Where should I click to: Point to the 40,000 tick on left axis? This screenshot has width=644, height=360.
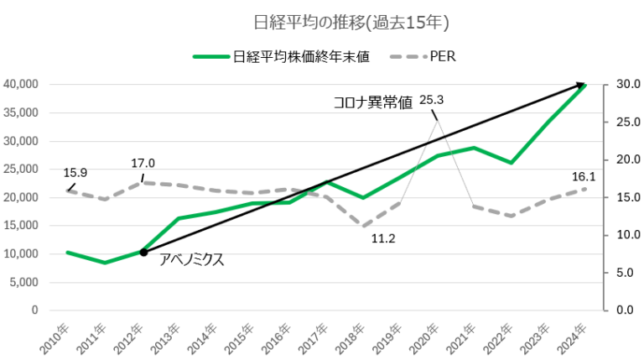coord(21,85)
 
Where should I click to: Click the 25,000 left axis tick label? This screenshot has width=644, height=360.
coord(21,169)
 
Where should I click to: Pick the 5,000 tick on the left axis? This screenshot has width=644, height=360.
coord(24,282)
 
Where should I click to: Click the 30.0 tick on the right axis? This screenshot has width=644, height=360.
coord(626,85)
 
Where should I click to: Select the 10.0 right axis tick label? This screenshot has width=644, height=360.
coord(626,235)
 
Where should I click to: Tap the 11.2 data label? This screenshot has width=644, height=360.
coord(382,239)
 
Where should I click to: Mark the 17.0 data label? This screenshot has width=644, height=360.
coord(143,164)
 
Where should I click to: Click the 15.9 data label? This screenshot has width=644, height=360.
coord(75,173)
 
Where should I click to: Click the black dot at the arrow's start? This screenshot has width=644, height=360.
coord(143,252)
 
